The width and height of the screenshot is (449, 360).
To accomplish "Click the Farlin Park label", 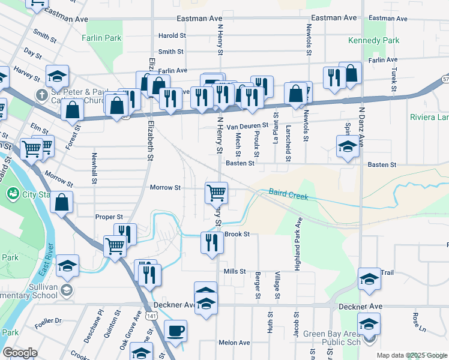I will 102,38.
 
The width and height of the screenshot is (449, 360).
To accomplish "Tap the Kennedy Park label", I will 374,40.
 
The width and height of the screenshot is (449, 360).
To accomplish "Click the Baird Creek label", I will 288,194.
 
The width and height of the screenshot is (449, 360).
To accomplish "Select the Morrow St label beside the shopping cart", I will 165,188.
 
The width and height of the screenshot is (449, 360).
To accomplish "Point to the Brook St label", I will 238,234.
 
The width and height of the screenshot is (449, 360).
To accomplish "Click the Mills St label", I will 235,271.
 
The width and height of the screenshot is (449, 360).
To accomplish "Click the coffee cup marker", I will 175,331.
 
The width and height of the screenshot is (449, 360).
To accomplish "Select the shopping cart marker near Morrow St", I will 216,193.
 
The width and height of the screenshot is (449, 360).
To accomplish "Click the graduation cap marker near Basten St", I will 348,147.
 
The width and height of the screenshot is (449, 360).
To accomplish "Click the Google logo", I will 20,353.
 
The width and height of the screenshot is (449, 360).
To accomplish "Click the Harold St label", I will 172,36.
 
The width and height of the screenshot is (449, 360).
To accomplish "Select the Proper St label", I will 109,217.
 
